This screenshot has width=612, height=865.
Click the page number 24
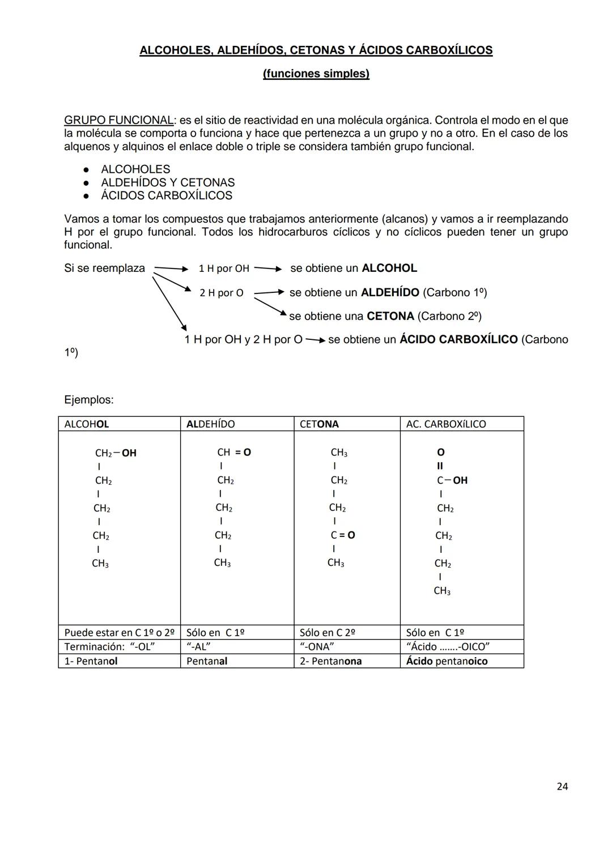tap(562, 786)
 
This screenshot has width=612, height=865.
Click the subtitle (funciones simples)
tap(316, 74)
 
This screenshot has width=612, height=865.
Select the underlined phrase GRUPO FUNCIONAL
tap(118, 120)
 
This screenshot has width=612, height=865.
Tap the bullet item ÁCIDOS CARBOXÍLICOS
tap(166, 195)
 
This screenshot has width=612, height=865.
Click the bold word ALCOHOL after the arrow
tap(389, 268)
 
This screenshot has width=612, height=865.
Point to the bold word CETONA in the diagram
tap(390, 316)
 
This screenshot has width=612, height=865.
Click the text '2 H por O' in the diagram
tap(221, 293)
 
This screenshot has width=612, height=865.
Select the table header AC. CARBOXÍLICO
tap(446, 424)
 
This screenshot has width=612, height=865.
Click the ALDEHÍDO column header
tap(210, 424)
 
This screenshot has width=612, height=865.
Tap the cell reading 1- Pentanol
tap(91, 661)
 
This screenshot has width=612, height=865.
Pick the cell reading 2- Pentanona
tap(330, 661)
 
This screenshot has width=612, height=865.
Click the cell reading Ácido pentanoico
tap(447, 661)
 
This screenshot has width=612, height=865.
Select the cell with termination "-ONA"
tap(317, 647)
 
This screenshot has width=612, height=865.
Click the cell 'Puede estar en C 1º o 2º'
tap(119, 632)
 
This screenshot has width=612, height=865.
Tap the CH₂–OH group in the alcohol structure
tap(116, 453)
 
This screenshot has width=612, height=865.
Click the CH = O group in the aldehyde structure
tap(233, 453)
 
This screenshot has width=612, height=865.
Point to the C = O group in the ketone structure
tap(343, 535)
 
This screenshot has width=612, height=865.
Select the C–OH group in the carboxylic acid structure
tap(452, 480)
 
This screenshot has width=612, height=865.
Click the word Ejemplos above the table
tap(88, 400)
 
